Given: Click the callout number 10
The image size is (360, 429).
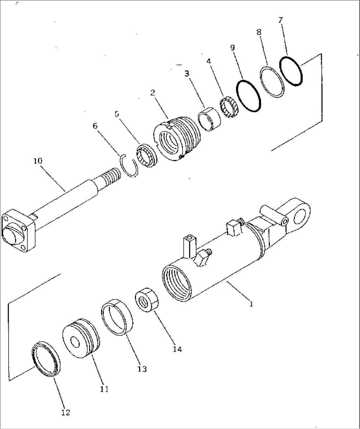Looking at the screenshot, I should pyautogui.click(x=38, y=161).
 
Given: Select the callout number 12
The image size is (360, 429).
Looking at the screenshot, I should pyautogui.click(x=65, y=412).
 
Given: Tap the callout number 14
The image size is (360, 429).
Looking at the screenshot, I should pyautogui.click(x=177, y=349).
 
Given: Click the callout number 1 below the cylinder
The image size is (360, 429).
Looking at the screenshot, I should pyautogui.click(x=251, y=304).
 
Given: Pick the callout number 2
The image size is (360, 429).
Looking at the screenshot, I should pyautogui.click(x=152, y=93).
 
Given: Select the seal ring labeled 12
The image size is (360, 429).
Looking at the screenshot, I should pyautogui.click(x=46, y=359).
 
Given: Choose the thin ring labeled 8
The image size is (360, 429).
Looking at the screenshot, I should pyautogui.click(x=272, y=82).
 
